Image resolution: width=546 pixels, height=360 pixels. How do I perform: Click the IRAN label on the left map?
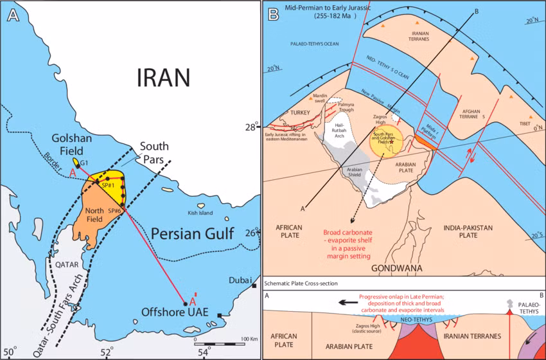pos(163,77)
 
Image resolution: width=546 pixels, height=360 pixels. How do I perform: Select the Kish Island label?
pos(200,213)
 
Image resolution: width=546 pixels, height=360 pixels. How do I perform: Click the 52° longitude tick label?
pos(107,352)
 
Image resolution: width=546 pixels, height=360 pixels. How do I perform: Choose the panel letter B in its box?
pos(272,12)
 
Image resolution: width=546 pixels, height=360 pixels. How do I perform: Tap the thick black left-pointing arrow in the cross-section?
pos(349,301)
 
